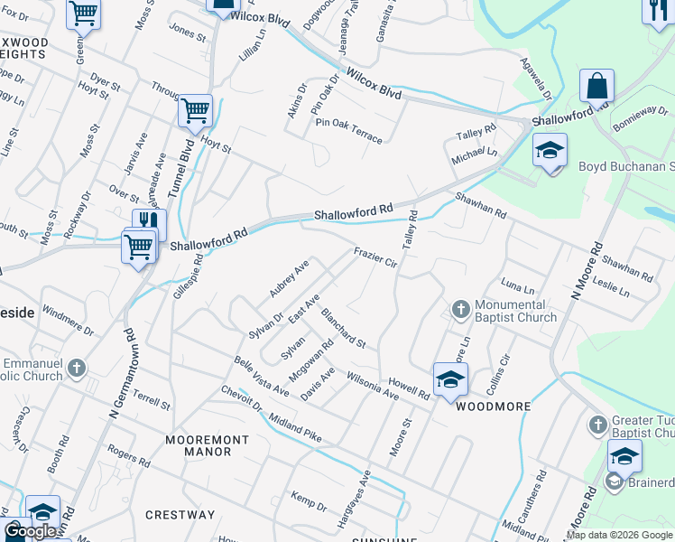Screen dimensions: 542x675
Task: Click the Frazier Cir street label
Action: point(375,258)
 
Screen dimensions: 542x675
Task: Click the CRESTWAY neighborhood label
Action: point(180,515)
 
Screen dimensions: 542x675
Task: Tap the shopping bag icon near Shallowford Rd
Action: point(596,88)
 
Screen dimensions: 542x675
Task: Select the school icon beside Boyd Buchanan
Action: point(549,151)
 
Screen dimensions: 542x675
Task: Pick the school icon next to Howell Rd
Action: point(450,379)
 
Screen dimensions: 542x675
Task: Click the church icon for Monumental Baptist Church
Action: point(460,311)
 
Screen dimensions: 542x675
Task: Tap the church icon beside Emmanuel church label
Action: point(77,368)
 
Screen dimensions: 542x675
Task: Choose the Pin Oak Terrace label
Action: point(348,130)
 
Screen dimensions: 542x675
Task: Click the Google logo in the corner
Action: point(31,531)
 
